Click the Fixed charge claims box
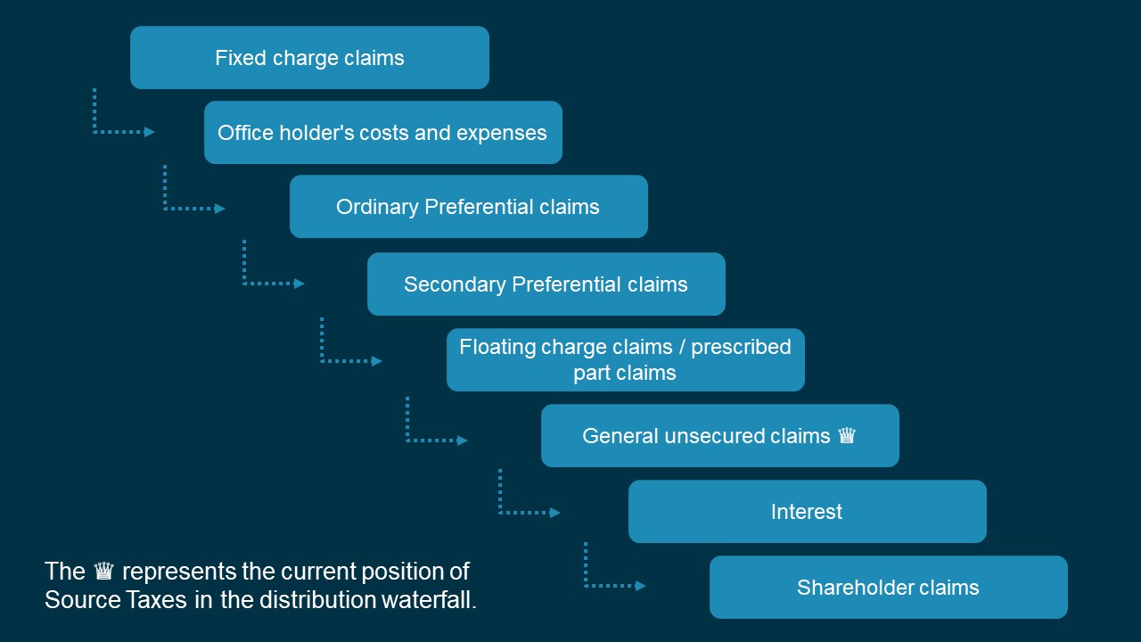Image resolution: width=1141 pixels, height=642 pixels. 309,58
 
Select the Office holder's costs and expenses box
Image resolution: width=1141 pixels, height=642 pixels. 383,133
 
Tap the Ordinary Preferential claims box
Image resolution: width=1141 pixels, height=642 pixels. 469,206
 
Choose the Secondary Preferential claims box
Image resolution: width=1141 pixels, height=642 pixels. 546,284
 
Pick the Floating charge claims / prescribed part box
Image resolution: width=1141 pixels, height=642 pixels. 626,359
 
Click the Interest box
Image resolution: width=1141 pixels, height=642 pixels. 808,511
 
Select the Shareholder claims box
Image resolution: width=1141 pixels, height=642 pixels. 889,587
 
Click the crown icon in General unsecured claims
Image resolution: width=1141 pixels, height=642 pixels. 847,436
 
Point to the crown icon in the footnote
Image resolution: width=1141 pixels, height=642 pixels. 104,571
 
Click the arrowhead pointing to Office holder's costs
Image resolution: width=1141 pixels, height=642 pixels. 149,133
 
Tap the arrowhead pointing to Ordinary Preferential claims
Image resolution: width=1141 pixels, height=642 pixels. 219,209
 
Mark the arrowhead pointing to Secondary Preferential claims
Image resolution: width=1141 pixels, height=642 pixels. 299,284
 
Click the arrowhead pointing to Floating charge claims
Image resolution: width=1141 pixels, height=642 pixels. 376,361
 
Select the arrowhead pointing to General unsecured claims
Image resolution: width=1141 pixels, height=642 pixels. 462,440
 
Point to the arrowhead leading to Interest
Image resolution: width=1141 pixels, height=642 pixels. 554,513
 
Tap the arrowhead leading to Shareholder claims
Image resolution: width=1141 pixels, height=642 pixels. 640,586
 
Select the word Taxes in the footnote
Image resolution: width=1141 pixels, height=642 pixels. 156,600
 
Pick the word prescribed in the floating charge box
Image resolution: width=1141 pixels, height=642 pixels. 741,348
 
